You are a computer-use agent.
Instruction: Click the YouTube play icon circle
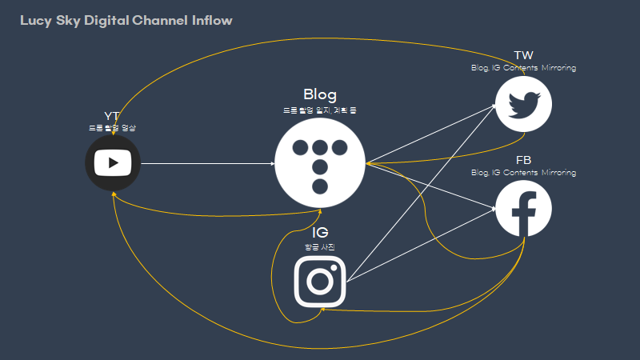coord(113,163)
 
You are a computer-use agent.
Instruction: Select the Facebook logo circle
coord(523,208)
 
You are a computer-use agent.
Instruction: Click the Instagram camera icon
coord(320,281)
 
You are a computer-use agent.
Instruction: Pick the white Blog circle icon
coord(320,164)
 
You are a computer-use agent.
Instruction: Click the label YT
coord(112,116)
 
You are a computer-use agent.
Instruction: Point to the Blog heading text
coord(320,94)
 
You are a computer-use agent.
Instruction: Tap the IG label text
coord(320,233)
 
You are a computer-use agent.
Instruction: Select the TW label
coord(523,55)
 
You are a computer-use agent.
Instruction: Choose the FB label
coord(523,160)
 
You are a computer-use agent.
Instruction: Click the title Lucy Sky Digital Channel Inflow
coord(126,20)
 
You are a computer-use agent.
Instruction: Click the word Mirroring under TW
coord(558,68)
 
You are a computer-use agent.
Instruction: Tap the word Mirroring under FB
coord(558,173)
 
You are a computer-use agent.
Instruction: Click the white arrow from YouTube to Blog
coord(208,164)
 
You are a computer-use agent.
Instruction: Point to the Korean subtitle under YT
coord(112,128)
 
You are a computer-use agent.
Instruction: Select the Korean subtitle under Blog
coord(320,110)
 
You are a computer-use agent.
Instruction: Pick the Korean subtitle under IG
coord(320,247)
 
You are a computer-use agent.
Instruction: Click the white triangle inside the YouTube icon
coord(114,163)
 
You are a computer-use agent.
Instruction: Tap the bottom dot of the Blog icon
coord(320,187)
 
